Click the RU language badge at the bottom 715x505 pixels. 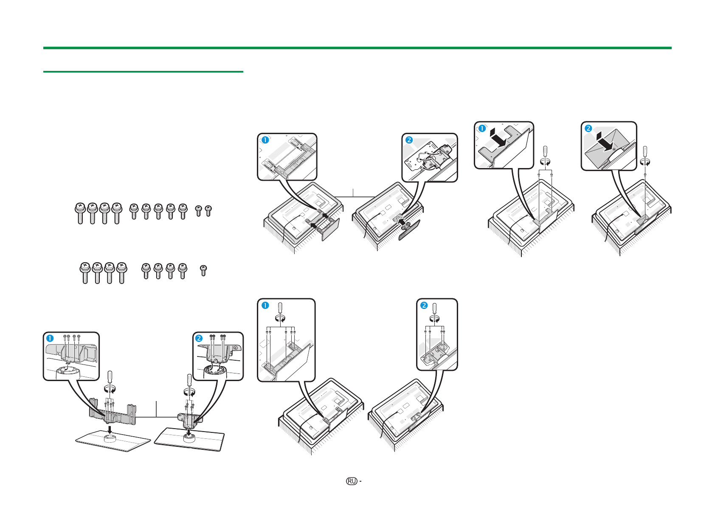[351, 481]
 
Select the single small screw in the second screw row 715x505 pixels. [203, 270]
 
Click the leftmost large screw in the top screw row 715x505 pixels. [80, 213]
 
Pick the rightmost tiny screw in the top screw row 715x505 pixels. [208, 210]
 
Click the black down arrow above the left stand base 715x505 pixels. [110, 429]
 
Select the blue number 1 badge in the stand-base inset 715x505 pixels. [50, 338]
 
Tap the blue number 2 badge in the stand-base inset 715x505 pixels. [199, 338]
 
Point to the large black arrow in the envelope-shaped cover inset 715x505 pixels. [605, 141]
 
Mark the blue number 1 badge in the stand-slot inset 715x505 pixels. [265, 140]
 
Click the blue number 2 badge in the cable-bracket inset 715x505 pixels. [409, 140]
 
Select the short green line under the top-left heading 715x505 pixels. [143, 72]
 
